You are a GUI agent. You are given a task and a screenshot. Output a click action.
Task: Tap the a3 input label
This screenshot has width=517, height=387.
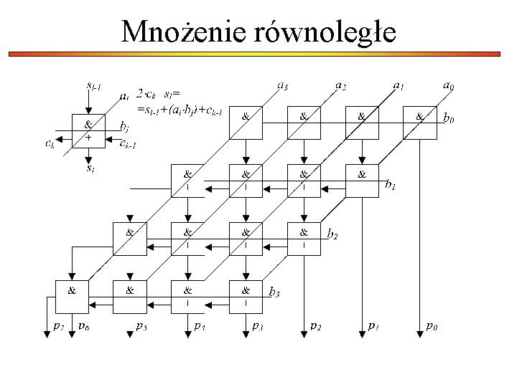tap(283, 85)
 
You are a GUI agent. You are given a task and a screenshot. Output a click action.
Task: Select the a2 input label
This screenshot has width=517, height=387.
tap(340, 85)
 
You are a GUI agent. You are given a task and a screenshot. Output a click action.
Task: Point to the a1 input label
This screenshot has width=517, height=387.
tap(398, 85)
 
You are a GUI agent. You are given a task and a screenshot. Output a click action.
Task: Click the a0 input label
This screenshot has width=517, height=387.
tap(448, 85)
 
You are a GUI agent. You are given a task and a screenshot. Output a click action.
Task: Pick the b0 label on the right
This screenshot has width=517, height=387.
tap(451, 118)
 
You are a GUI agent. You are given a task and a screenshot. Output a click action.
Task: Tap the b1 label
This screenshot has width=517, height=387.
tap(391, 186)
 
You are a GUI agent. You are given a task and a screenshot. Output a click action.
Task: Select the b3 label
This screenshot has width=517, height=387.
tap(274, 292)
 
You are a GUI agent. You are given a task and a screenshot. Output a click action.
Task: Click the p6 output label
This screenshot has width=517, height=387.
tap(83, 326)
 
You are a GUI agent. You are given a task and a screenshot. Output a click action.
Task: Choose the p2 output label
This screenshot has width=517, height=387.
tap(316, 326)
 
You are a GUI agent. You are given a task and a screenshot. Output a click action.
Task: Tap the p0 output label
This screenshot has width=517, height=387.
tap(432, 326)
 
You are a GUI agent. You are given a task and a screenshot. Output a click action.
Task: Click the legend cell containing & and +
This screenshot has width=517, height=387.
tap(88, 130)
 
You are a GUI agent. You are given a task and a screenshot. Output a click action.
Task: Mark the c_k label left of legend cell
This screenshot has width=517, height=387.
tap(50, 143)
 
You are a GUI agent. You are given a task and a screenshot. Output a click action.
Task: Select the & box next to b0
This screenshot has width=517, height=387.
tap(420, 123)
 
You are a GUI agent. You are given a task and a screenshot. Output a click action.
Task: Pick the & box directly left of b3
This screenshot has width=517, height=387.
tap(246, 296)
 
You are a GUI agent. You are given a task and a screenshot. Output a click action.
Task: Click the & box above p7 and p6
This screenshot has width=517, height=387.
tap(72, 296)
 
